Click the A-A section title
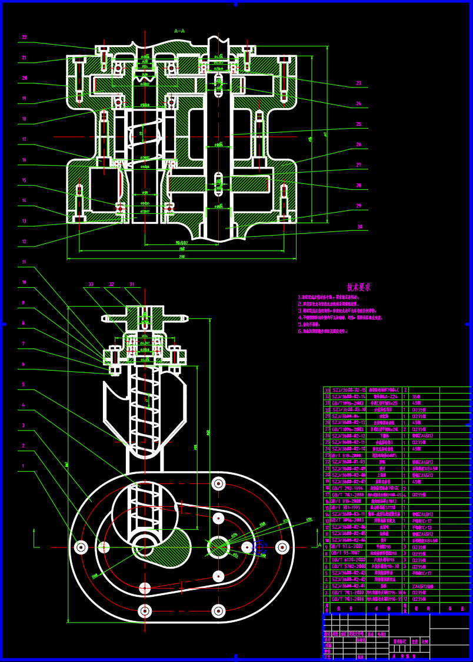click(179, 31)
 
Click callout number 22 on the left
click(25, 37)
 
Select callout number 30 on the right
click(359, 226)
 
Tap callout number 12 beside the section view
click(24, 241)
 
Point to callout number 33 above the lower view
click(91, 284)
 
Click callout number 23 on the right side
click(358, 83)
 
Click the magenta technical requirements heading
click(358, 287)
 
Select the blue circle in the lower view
click(259, 548)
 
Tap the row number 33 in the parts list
click(328, 390)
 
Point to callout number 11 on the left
click(24, 262)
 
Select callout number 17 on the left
click(24, 139)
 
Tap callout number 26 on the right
click(358, 145)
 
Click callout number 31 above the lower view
click(132, 284)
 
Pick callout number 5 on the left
click(24, 385)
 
